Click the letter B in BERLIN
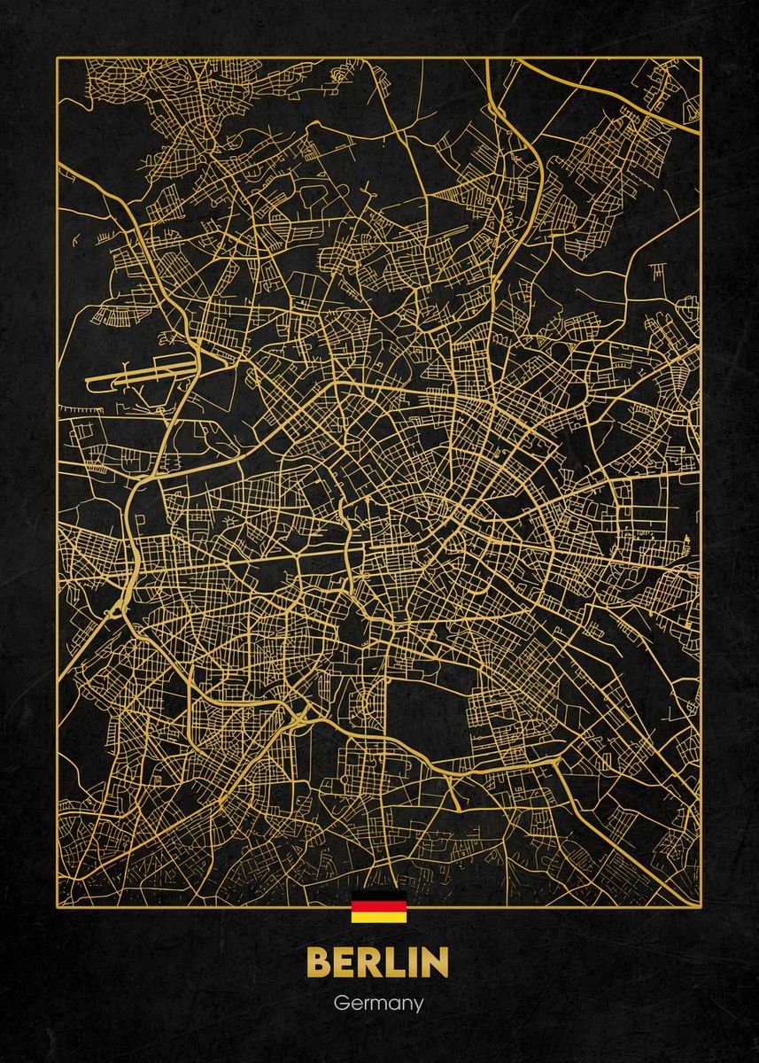[x=321, y=964]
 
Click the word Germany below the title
[x=379, y=1005]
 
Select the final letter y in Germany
[x=417, y=1007]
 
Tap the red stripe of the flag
[x=379, y=906]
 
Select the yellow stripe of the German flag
[x=379, y=917]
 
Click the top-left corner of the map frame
[x=58, y=58]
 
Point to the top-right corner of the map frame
[x=701, y=58]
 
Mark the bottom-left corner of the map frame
[x=58, y=907]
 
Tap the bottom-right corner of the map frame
[x=701, y=907]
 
